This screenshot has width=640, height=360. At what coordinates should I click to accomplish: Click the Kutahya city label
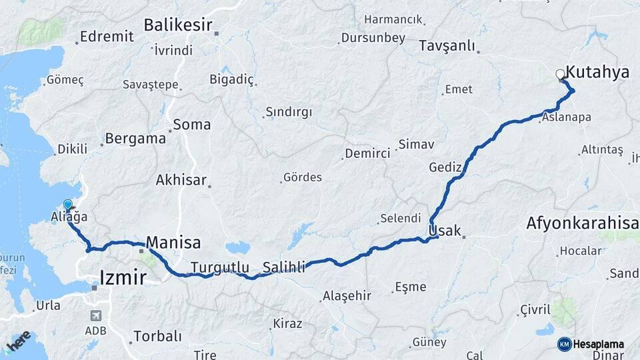click(597, 73)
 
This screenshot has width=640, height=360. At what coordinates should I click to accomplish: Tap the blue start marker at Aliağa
click(67, 205)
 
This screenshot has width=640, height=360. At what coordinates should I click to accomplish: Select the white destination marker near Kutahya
click(560, 75)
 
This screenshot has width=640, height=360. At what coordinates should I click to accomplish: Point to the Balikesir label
click(178, 26)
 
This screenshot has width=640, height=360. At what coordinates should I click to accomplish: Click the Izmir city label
click(123, 277)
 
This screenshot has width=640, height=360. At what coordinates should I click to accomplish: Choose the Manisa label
click(173, 241)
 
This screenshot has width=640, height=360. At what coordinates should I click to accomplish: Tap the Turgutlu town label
click(220, 267)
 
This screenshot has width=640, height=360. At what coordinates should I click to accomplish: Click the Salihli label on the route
click(284, 267)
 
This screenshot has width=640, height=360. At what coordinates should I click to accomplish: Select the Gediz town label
click(445, 167)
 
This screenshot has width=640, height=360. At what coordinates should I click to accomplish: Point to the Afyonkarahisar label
click(582, 223)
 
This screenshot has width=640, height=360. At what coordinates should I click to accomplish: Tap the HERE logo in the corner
click(18, 341)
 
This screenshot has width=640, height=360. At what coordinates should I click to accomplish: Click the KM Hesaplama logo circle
click(565, 344)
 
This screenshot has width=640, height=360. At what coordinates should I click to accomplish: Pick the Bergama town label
click(135, 139)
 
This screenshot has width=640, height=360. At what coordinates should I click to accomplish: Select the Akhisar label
click(181, 180)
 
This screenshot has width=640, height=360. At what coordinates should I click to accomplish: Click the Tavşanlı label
click(447, 46)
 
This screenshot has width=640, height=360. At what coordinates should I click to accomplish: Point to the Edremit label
click(107, 36)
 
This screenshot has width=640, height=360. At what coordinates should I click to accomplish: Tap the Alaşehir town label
click(346, 295)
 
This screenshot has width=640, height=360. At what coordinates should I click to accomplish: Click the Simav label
click(416, 144)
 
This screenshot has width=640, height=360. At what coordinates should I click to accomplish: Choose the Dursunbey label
click(373, 38)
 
